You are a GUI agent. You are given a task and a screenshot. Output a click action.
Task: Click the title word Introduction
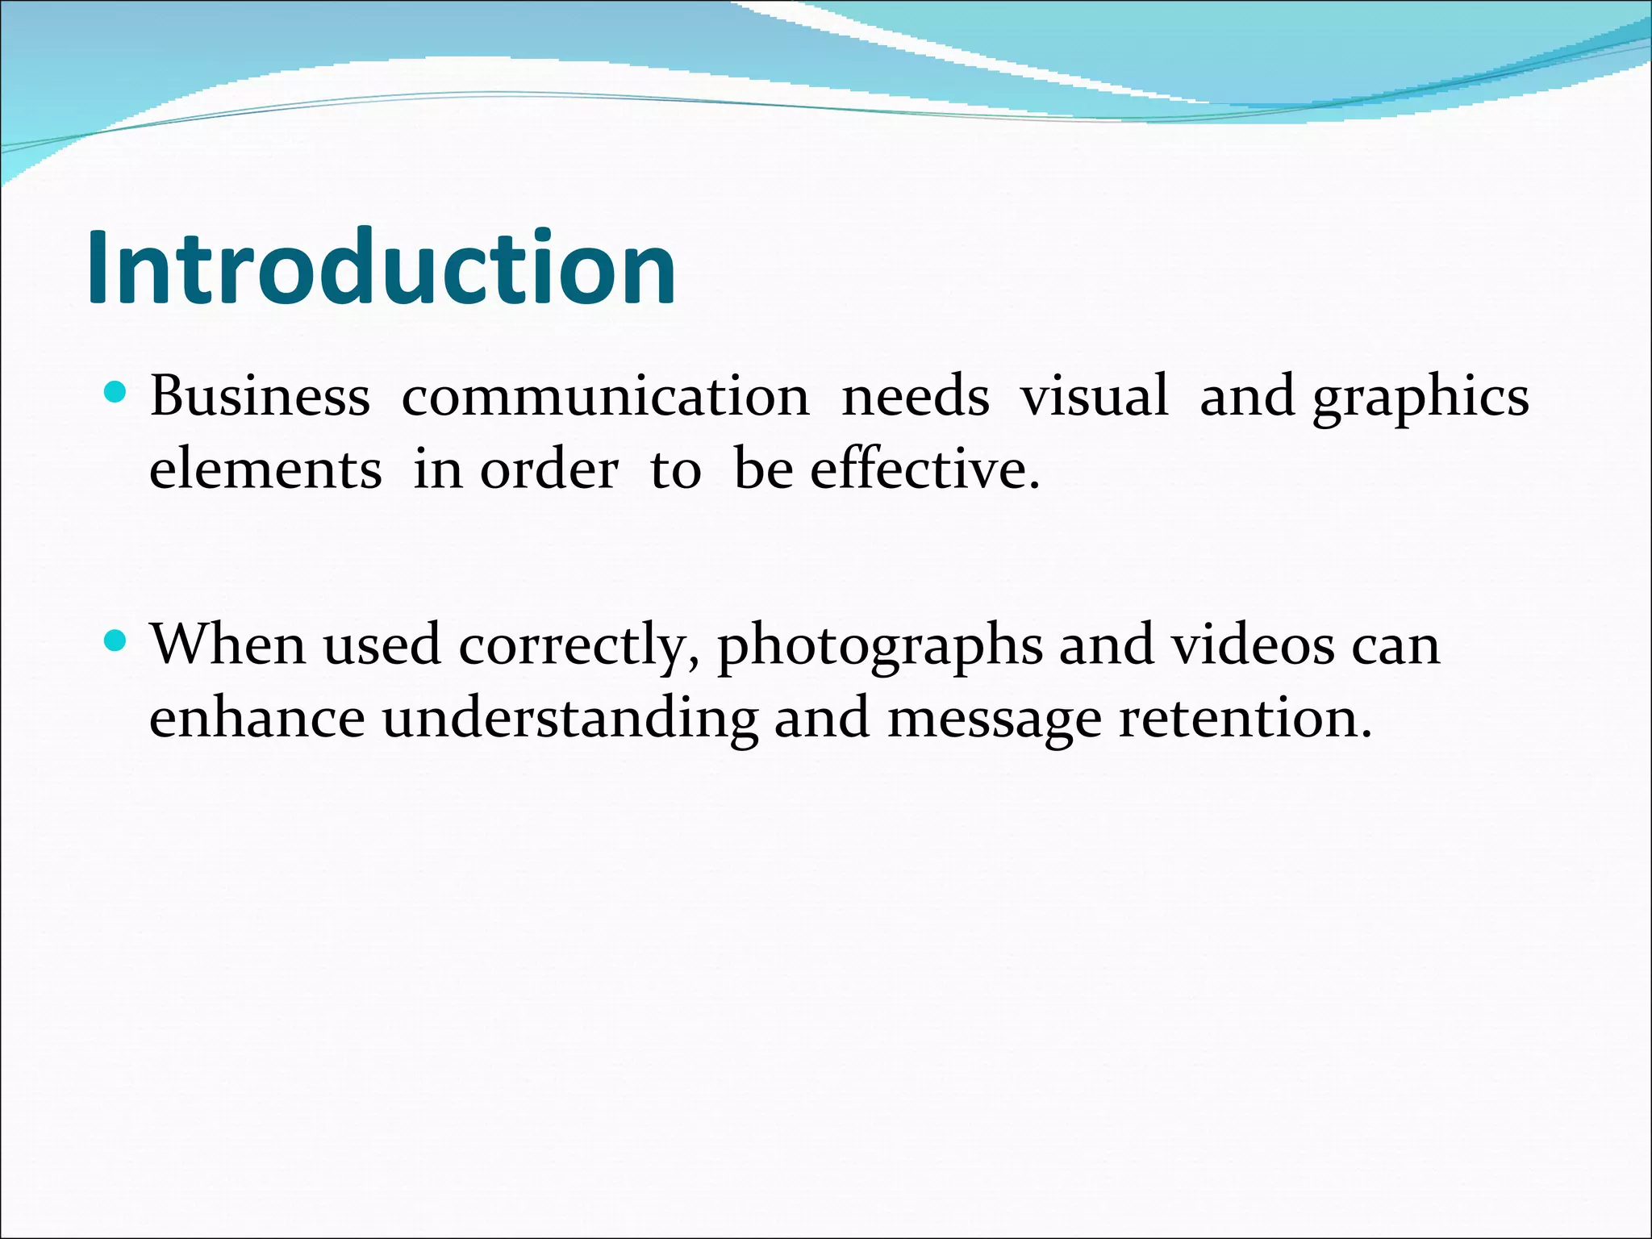pos(381,268)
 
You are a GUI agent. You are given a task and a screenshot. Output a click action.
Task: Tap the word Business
pos(260,396)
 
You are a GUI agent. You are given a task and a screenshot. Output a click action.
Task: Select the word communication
pos(605,396)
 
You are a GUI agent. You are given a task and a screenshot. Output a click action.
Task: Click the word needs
pos(915,396)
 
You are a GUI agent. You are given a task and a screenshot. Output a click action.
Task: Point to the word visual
pos(1094,396)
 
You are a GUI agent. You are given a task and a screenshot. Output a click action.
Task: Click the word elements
pos(265,469)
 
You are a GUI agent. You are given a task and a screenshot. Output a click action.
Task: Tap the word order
pos(549,469)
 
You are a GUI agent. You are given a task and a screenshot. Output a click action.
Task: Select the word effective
pos(924,469)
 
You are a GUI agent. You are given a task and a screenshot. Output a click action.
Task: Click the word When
pos(228,645)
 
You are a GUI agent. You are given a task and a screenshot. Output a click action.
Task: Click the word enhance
pos(257,718)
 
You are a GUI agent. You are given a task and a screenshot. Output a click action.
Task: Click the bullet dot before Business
pos(116,394)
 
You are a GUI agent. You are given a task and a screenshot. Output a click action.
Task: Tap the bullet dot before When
pos(116,641)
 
